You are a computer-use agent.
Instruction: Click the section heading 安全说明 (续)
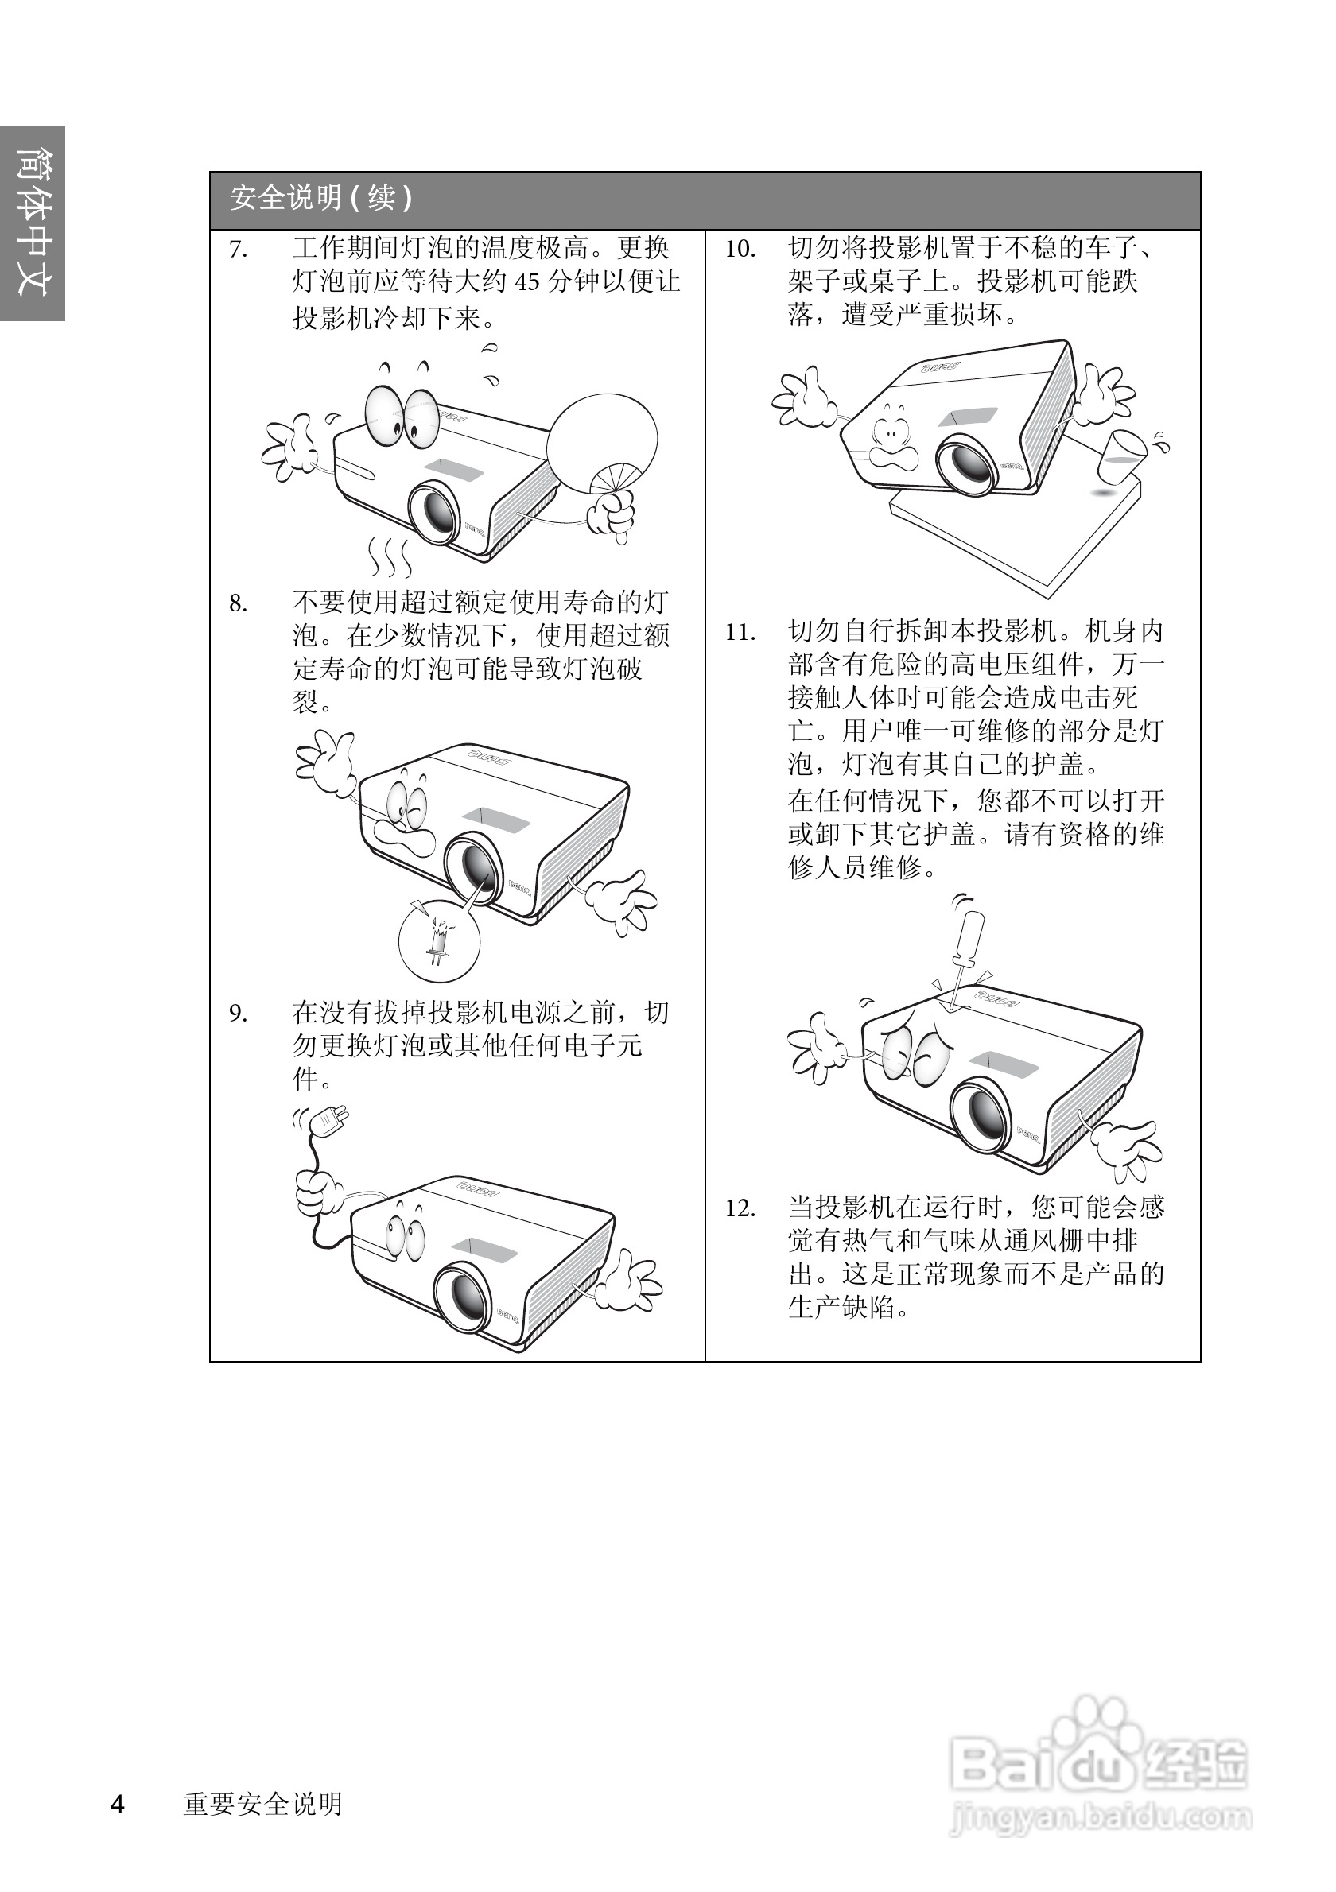tap(320, 199)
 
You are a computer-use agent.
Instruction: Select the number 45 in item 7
tap(526, 283)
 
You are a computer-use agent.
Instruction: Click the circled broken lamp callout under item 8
tap(438, 940)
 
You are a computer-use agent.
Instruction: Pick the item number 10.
tap(740, 250)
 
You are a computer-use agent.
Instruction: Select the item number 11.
tap(740, 633)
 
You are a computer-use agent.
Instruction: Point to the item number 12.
tap(740, 1209)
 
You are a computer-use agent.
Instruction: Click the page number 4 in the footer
tap(118, 1804)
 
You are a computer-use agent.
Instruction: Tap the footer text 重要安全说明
tap(262, 1804)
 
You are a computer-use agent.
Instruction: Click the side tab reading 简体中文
tap(32, 223)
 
